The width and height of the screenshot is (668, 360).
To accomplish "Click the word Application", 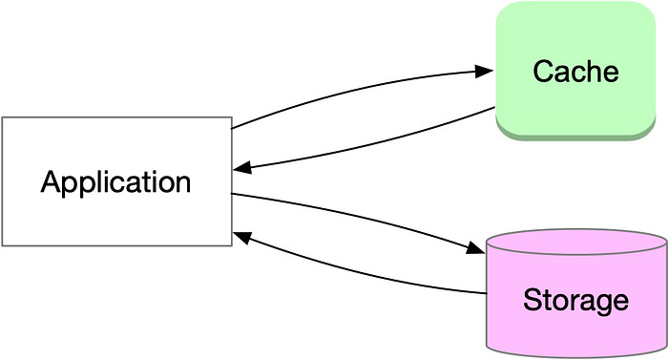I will pyautogui.click(x=115, y=181).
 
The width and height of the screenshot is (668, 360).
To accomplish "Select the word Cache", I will pyautogui.click(x=575, y=72).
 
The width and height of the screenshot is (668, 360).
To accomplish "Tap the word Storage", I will pyautogui.click(x=575, y=301).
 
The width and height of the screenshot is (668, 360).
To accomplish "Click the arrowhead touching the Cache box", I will pyautogui.click(x=485, y=71).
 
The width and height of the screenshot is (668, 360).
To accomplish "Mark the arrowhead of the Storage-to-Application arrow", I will pyautogui.click(x=242, y=234).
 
